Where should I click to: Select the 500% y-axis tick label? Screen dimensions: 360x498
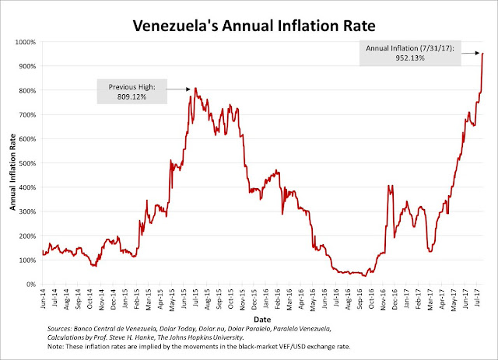(x=29, y=163)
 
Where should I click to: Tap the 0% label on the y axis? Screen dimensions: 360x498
(x=33, y=285)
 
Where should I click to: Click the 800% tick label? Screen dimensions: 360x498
(x=29, y=91)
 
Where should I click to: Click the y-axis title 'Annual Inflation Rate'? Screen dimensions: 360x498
(x=13, y=163)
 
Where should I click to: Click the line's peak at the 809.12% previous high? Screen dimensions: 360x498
(x=195, y=89)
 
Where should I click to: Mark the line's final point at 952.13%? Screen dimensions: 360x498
(x=483, y=54)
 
